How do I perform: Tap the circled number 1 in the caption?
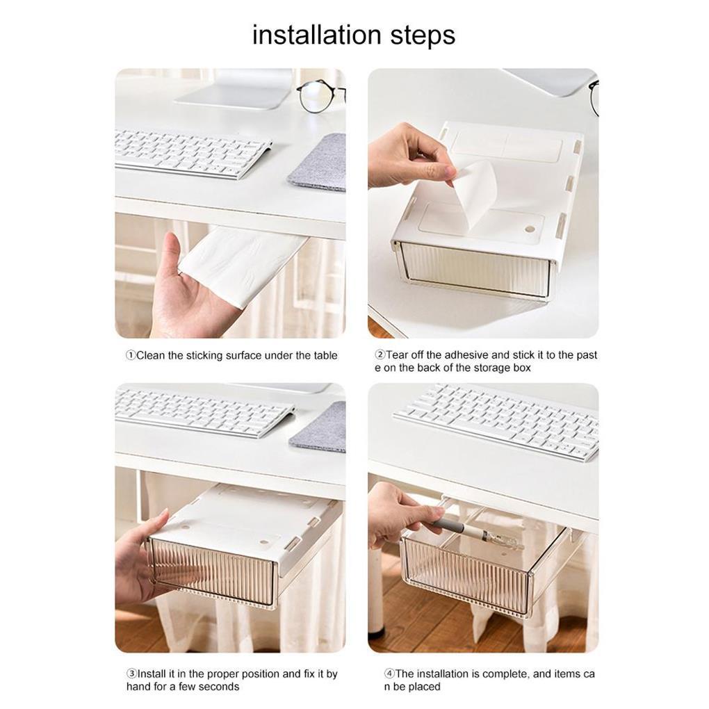pos(131,355)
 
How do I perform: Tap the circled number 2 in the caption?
pos(380,355)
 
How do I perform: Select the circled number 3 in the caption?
pos(131,674)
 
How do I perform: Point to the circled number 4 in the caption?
pos(389,674)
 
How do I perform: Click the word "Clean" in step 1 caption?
pos(151,355)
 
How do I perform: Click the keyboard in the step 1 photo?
pos(192,153)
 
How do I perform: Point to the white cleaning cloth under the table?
pos(242,265)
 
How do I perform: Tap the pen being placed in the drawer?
pos(475,535)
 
